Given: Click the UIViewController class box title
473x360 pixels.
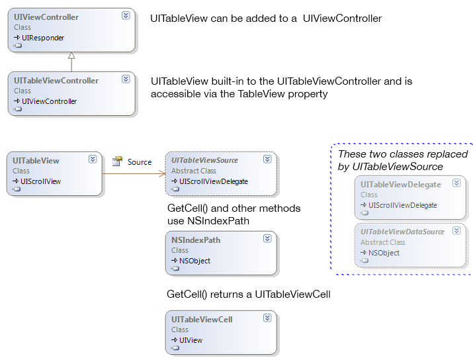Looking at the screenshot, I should pyautogui.click(x=46, y=17).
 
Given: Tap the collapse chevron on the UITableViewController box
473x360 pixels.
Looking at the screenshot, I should pyautogui.click(x=126, y=79).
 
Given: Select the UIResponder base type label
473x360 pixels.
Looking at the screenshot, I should pyautogui.click(x=43, y=38).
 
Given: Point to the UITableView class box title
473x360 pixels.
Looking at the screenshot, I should pyautogui.click(x=36, y=160).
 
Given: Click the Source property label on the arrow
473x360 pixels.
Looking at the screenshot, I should pyautogui.click(x=140, y=162).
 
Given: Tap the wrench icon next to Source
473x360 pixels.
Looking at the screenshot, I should pyautogui.click(x=118, y=161).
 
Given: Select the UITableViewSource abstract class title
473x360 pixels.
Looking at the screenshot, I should pyautogui.click(x=204, y=160).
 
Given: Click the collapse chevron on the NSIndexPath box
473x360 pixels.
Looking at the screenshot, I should pyautogui.click(x=267, y=239).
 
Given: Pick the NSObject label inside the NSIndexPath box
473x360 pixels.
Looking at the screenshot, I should pyautogui.click(x=194, y=261).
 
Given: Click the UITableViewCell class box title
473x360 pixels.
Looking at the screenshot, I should pyautogui.click(x=202, y=320).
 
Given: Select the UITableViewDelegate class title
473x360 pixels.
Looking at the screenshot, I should pyautogui.click(x=401, y=185).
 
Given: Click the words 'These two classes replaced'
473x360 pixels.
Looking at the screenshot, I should pyautogui.click(x=402, y=154).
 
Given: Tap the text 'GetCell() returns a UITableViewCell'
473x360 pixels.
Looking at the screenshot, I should pyautogui.click(x=248, y=294).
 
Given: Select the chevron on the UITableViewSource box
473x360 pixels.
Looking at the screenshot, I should pyautogui.click(x=267, y=159).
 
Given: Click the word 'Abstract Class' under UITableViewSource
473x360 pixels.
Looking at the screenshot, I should pyautogui.click(x=194, y=171).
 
